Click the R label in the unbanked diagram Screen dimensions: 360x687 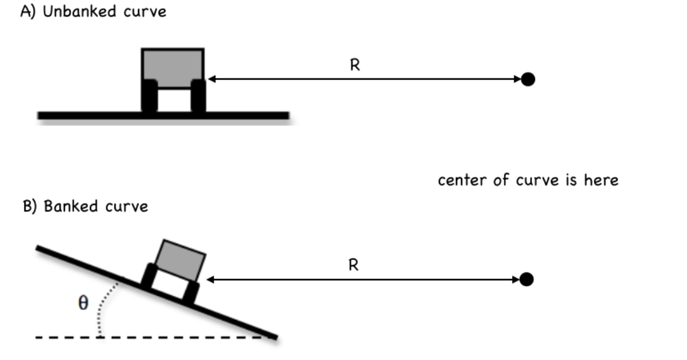[354, 66]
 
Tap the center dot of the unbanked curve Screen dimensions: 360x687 [528, 79]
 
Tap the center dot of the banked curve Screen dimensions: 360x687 [526, 279]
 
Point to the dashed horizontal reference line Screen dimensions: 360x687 [152, 337]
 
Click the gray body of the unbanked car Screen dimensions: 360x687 [173, 63]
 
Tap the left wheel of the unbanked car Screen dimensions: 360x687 [149, 96]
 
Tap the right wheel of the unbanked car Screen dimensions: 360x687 [198, 96]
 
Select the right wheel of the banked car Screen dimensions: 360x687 [191, 293]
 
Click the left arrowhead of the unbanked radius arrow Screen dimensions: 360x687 [211, 79]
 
